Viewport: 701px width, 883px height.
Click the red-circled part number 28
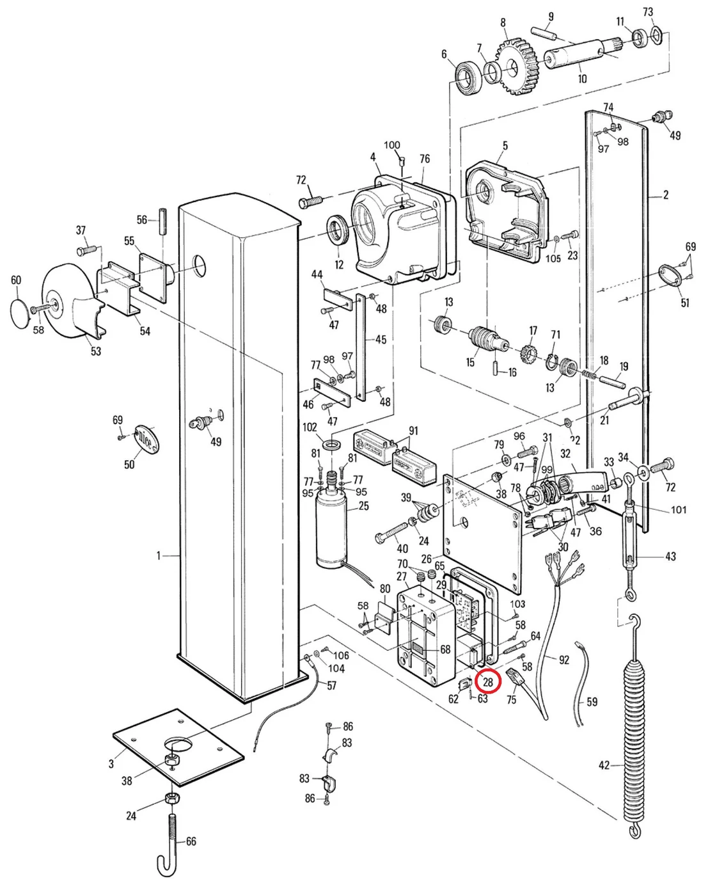pos(488,682)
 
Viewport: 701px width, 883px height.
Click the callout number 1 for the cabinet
pos(159,555)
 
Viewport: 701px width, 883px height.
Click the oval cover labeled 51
pos(670,278)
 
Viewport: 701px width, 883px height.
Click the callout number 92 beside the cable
pos(563,659)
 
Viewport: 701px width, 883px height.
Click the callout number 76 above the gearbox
pos(424,159)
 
